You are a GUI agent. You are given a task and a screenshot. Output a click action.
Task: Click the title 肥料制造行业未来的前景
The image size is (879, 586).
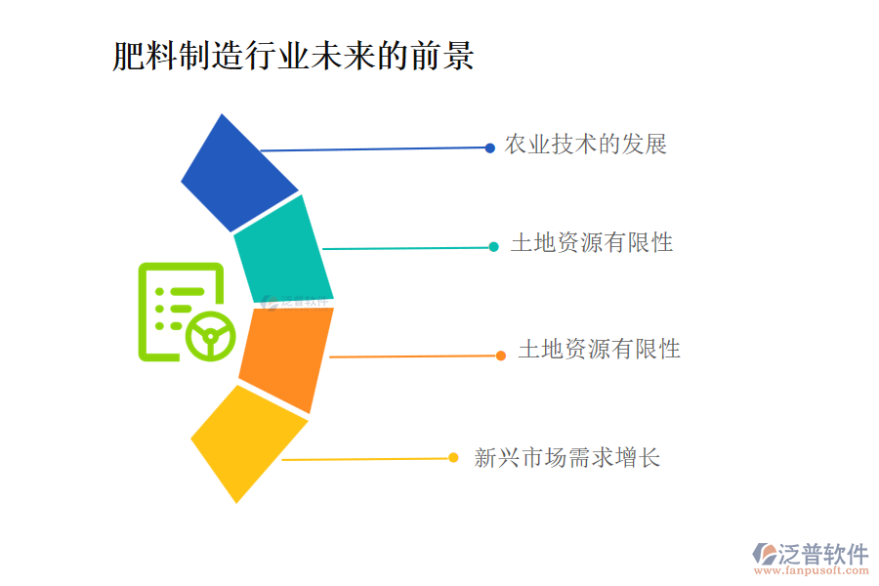tap(293, 56)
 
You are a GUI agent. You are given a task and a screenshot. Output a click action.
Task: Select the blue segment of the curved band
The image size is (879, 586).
tap(238, 174)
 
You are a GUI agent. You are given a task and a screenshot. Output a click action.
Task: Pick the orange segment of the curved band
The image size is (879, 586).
tap(285, 357)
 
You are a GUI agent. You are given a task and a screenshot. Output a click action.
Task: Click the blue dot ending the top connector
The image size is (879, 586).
tap(490, 148)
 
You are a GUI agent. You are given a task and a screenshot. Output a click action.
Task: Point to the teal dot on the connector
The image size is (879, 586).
tap(494, 247)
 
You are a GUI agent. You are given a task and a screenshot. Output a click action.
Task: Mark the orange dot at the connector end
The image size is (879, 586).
tap(501, 356)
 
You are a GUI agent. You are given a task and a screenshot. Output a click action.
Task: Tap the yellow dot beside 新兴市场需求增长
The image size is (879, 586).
tap(453, 457)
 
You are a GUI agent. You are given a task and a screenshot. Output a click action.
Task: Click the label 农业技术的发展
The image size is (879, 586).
tap(585, 146)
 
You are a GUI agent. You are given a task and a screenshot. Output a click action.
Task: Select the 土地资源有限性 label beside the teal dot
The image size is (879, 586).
tap(592, 243)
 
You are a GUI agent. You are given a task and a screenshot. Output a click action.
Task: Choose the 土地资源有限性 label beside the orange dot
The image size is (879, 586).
tap(599, 349)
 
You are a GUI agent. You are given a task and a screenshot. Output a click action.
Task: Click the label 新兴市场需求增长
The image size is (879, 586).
tap(566, 457)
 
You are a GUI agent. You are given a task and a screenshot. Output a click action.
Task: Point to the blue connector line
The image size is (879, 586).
tap(376, 149)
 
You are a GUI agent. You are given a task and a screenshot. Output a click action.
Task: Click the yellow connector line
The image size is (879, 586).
tap(366, 459)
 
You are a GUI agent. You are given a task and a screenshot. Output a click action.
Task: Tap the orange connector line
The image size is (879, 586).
tap(415, 356)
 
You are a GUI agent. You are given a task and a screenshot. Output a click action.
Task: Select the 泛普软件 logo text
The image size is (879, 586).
tap(823, 554)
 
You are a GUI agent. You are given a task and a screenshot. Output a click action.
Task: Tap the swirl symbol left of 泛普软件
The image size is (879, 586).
tap(764, 555)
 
